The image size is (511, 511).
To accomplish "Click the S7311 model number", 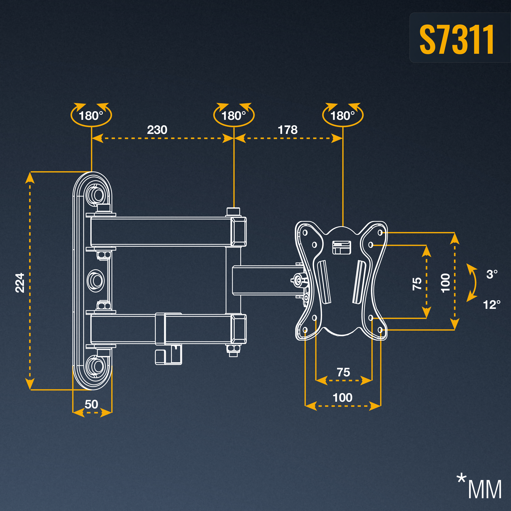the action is [457, 40].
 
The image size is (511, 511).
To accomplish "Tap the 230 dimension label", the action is [157, 130].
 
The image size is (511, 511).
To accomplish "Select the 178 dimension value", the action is [288, 130].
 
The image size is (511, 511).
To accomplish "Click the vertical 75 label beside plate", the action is [417, 283].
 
